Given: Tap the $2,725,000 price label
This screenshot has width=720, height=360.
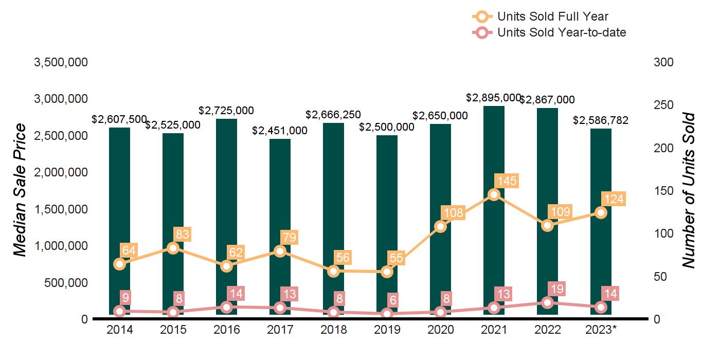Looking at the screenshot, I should click(226, 111).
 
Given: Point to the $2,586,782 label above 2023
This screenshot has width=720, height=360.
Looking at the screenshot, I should click(601, 121).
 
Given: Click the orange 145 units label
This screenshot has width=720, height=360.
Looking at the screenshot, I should click(506, 181).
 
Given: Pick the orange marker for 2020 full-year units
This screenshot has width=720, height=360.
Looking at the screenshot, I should click(440, 226).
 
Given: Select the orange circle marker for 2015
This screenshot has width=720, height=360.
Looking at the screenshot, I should click(173, 248).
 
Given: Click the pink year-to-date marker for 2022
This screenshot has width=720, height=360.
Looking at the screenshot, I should click(547, 302).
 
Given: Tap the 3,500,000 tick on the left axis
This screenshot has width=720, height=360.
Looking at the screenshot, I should click(60, 63).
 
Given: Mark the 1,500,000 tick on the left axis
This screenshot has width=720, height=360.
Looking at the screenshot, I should click(60, 209).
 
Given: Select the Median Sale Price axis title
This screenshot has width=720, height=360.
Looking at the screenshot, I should click(20, 190).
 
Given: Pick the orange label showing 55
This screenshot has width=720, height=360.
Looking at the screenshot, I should click(396, 258).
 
